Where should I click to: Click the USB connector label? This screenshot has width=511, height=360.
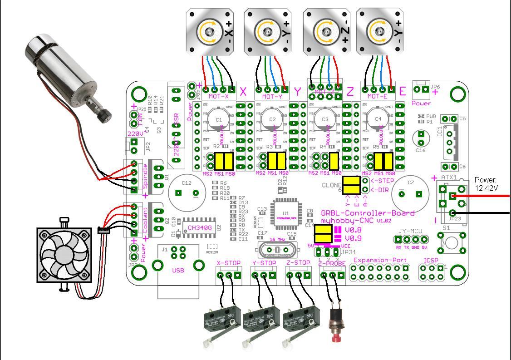178,271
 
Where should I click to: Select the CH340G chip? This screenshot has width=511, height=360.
199,227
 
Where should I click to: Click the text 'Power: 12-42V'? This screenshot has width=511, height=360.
486,184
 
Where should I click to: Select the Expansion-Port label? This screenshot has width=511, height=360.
380,260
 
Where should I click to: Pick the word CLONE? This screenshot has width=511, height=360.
331,185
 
